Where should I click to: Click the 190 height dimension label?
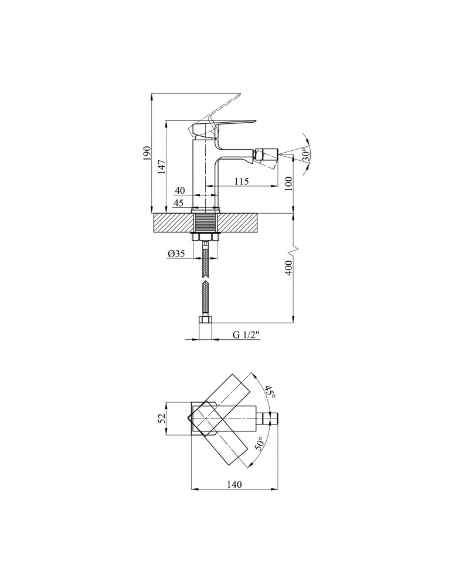pos(147,154)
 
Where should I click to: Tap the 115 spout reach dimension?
pos(242,181)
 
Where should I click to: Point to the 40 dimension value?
pos(180,191)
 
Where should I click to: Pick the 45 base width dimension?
pos(179,203)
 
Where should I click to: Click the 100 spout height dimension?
pos(288,183)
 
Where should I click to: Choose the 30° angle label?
pos(306,154)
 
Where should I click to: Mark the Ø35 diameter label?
pos(176,254)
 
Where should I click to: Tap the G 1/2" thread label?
pos(246,335)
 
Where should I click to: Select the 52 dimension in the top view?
pos(161,418)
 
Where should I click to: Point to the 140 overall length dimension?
pos(234,484)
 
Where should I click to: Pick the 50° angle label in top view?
pos(260,444)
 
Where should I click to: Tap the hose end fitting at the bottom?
pos(205,321)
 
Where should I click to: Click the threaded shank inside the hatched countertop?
pos(205,223)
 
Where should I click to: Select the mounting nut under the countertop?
pos(205,237)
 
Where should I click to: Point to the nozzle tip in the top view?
pos(271,418)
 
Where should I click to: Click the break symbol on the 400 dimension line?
pos(294,248)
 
